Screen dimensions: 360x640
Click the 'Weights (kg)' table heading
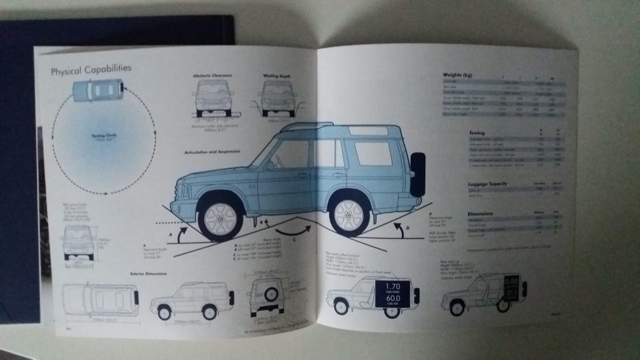click(x=457, y=75)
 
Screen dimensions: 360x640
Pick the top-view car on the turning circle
click(x=98, y=89)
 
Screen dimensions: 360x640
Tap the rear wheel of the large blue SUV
click(x=349, y=213)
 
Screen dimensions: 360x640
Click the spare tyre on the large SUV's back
click(x=417, y=175)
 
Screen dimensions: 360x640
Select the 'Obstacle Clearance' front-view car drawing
click(x=213, y=97)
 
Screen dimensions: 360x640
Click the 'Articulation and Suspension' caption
click(x=212, y=152)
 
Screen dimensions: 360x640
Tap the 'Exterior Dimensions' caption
click(x=147, y=273)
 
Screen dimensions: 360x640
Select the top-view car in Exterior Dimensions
click(x=100, y=299)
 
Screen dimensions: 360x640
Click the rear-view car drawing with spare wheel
click(x=266, y=293)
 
